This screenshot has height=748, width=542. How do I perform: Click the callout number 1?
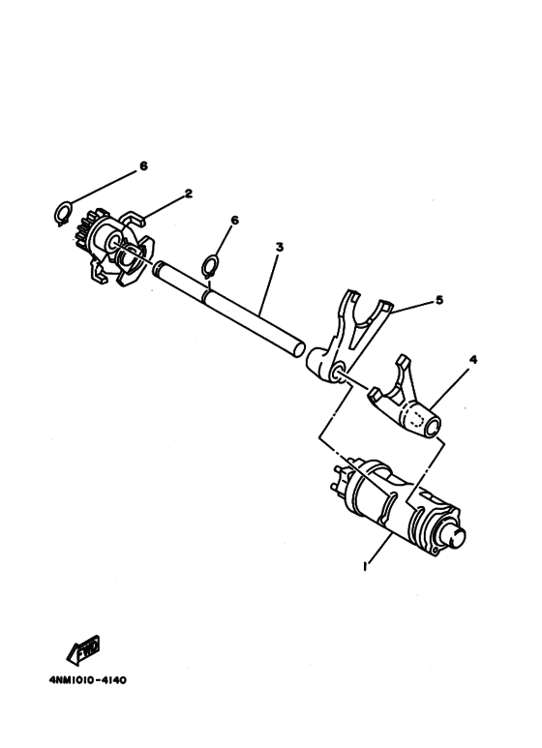[x=365, y=567]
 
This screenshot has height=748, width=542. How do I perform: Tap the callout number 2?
[x=189, y=194]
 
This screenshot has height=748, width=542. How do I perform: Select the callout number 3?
[x=280, y=247]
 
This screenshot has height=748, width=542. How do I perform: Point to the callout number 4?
[x=473, y=360]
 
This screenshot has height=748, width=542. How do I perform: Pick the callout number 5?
[x=439, y=300]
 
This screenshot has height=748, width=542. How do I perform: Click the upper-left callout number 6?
[x=143, y=165]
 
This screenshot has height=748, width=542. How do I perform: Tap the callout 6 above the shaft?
[x=234, y=220]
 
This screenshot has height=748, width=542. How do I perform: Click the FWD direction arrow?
[x=83, y=650]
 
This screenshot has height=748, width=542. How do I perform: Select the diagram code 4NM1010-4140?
[x=88, y=680]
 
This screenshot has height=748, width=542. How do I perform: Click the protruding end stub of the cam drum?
[x=456, y=537]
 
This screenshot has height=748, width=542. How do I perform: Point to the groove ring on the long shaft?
[x=206, y=293]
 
